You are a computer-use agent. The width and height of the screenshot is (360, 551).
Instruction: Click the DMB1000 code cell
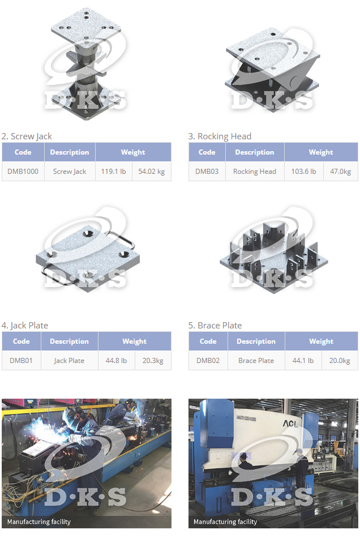(23, 172)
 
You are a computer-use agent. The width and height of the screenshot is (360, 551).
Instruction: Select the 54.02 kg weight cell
(152, 172)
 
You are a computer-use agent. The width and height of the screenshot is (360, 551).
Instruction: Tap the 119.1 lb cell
(114, 172)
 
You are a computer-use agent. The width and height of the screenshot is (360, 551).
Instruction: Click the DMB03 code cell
(207, 172)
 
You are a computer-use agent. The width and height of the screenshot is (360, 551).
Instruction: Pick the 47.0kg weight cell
(341, 172)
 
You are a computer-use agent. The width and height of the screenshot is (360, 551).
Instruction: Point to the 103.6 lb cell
(304, 172)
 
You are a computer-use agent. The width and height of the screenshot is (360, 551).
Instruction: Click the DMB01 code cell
(22, 361)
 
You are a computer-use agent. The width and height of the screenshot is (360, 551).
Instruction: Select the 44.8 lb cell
(116, 361)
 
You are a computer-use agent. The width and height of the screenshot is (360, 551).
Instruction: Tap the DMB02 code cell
(208, 361)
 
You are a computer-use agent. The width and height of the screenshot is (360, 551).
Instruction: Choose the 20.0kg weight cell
(340, 361)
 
